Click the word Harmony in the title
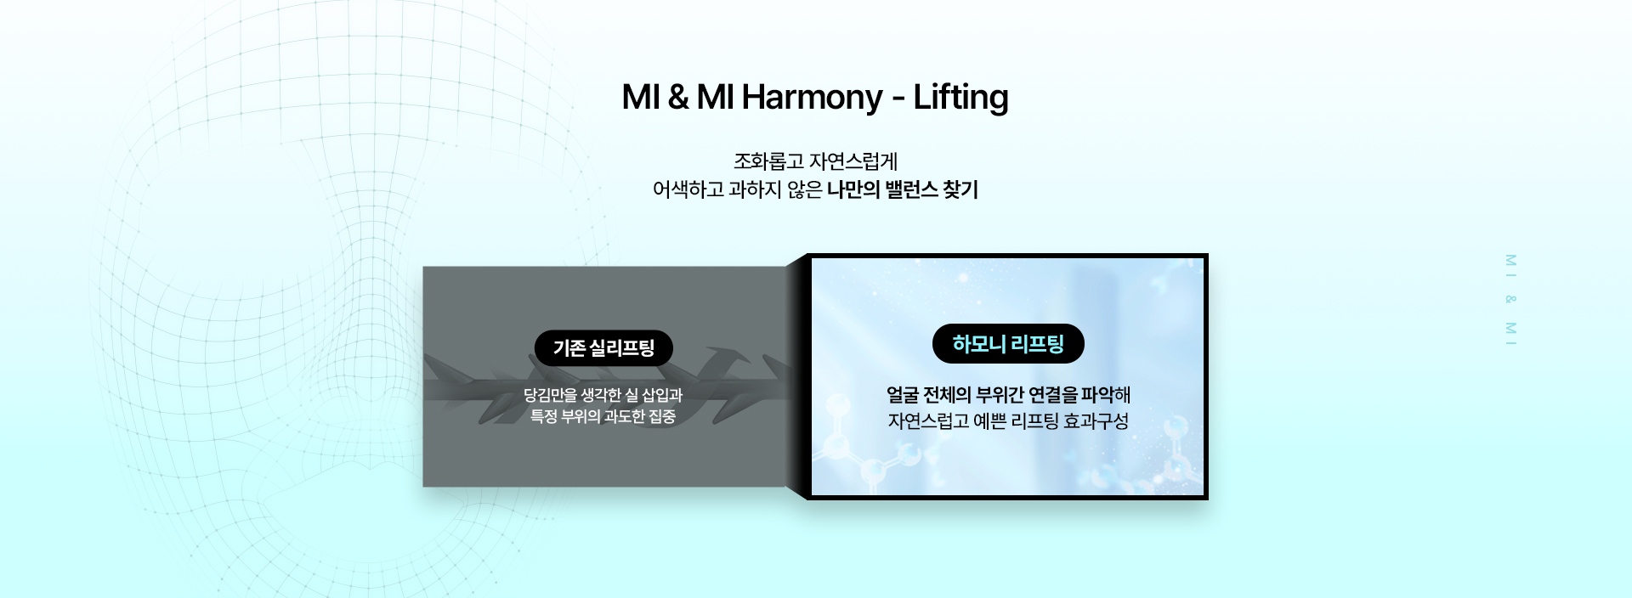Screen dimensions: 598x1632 click(x=812, y=98)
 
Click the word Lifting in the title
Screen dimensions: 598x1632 click(x=960, y=98)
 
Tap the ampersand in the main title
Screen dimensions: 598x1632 click(x=677, y=98)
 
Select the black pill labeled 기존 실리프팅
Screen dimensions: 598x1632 click(x=603, y=348)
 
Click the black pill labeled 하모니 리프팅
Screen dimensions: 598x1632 click(x=1008, y=344)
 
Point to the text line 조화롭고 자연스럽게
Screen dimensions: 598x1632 click(x=815, y=161)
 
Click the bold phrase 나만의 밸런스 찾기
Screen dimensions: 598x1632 click(x=903, y=189)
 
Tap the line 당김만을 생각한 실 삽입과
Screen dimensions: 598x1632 click(x=603, y=395)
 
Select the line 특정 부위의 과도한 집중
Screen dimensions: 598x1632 click(x=603, y=416)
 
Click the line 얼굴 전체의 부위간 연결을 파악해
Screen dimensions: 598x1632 click(x=1008, y=395)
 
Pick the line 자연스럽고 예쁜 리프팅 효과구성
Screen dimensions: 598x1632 click(x=1008, y=421)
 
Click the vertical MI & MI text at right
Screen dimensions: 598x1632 click(x=1510, y=299)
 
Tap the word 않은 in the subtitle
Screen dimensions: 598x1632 click(x=804, y=189)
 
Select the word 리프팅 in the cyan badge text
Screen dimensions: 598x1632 click(x=1037, y=344)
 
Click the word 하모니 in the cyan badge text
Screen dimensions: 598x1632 click(x=978, y=344)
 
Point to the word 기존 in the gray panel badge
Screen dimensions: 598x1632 click(x=569, y=348)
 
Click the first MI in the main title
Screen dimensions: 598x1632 click(x=641, y=98)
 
